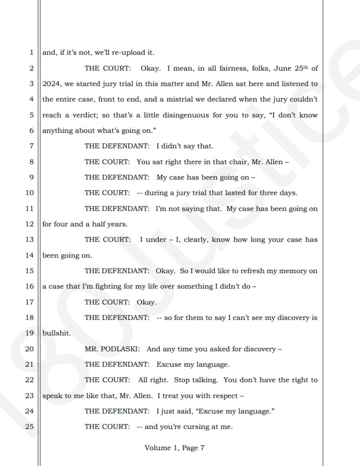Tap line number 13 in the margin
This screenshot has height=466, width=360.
tap(29, 239)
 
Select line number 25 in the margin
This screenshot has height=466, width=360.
tap(29, 427)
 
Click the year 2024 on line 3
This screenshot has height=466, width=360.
tap(51, 84)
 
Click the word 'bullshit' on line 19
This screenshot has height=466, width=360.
tap(56, 333)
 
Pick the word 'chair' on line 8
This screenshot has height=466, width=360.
tap(228, 162)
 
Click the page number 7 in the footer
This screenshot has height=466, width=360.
tap(202, 448)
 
